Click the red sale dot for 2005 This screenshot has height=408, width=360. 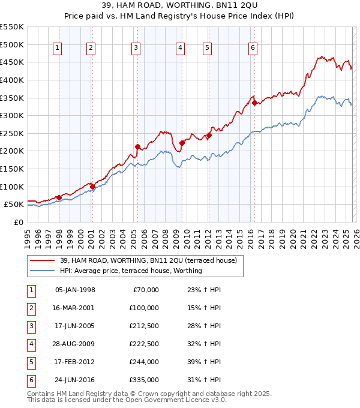(137, 146)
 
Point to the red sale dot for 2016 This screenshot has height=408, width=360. (254, 103)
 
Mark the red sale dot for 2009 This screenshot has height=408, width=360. (182, 143)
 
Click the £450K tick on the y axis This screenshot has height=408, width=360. (11, 62)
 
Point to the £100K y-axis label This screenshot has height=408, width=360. (11, 187)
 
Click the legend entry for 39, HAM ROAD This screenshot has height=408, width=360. (148, 260)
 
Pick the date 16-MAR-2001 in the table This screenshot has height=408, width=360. (75, 308)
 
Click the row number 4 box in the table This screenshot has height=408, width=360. (31, 344)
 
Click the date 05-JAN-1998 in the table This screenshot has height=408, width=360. (75, 290)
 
